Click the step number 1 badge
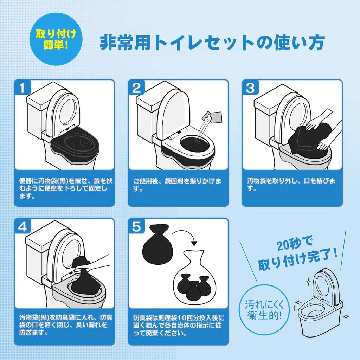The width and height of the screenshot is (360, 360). [x=22, y=87]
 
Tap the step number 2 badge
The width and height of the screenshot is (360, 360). [x=136, y=87]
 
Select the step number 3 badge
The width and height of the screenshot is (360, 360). [x=250, y=87]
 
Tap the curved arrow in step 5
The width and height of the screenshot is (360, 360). [x=185, y=237]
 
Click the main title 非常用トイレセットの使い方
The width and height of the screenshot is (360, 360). [x=212, y=43]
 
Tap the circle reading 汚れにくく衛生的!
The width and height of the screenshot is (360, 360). [x=264, y=310]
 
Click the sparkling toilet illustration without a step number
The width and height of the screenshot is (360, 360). [x=320, y=303]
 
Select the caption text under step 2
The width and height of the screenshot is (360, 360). [x=177, y=185]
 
